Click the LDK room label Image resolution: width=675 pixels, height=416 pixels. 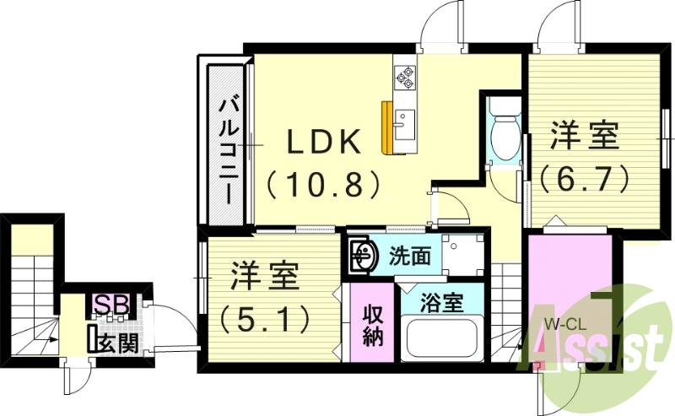(325, 142)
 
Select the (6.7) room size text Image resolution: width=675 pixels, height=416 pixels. (586, 177)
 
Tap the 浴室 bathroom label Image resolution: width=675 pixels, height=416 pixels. (442, 303)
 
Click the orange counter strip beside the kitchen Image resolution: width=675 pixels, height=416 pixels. (386, 127)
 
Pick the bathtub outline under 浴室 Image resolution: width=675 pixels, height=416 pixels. (443, 339)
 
